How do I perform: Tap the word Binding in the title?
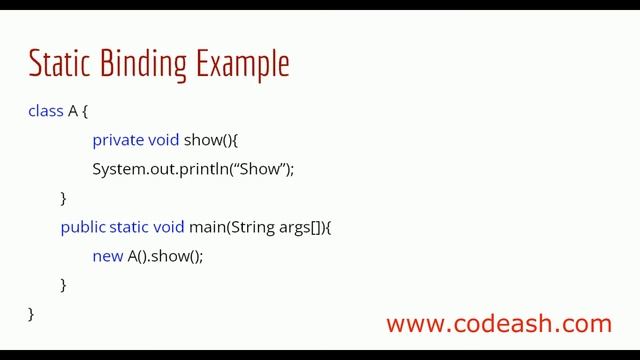click(x=139, y=64)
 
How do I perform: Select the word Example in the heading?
click(x=242, y=64)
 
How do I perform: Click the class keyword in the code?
click(x=46, y=111)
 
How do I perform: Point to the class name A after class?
click(x=73, y=111)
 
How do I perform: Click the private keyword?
click(x=118, y=140)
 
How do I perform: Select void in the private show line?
click(x=164, y=140)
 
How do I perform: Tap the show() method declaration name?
click(x=207, y=140)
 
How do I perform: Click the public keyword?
click(x=82, y=227)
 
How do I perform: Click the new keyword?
click(x=107, y=256)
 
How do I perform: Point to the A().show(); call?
click(x=165, y=256)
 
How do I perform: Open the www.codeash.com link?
click(x=498, y=324)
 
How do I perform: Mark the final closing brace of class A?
click(x=31, y=313)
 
